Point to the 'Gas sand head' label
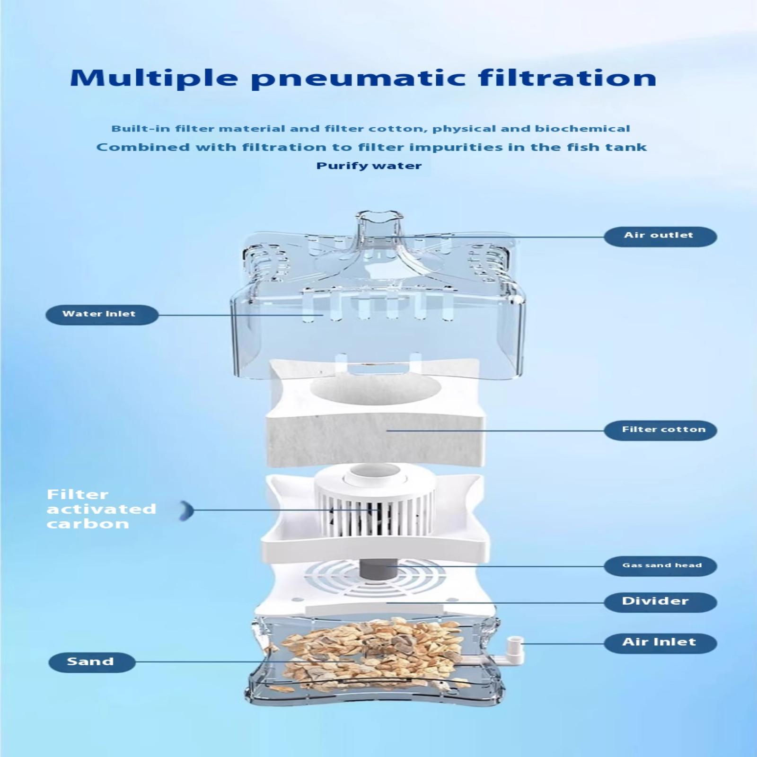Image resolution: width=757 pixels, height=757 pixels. click(661, 565)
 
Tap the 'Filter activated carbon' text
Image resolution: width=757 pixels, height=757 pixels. click(101, 509)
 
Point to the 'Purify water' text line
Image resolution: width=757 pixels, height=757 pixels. click(369, 166)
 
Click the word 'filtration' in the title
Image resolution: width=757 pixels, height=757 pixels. click(568, 78)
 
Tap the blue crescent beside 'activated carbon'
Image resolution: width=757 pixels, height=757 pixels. click(187, 511)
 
